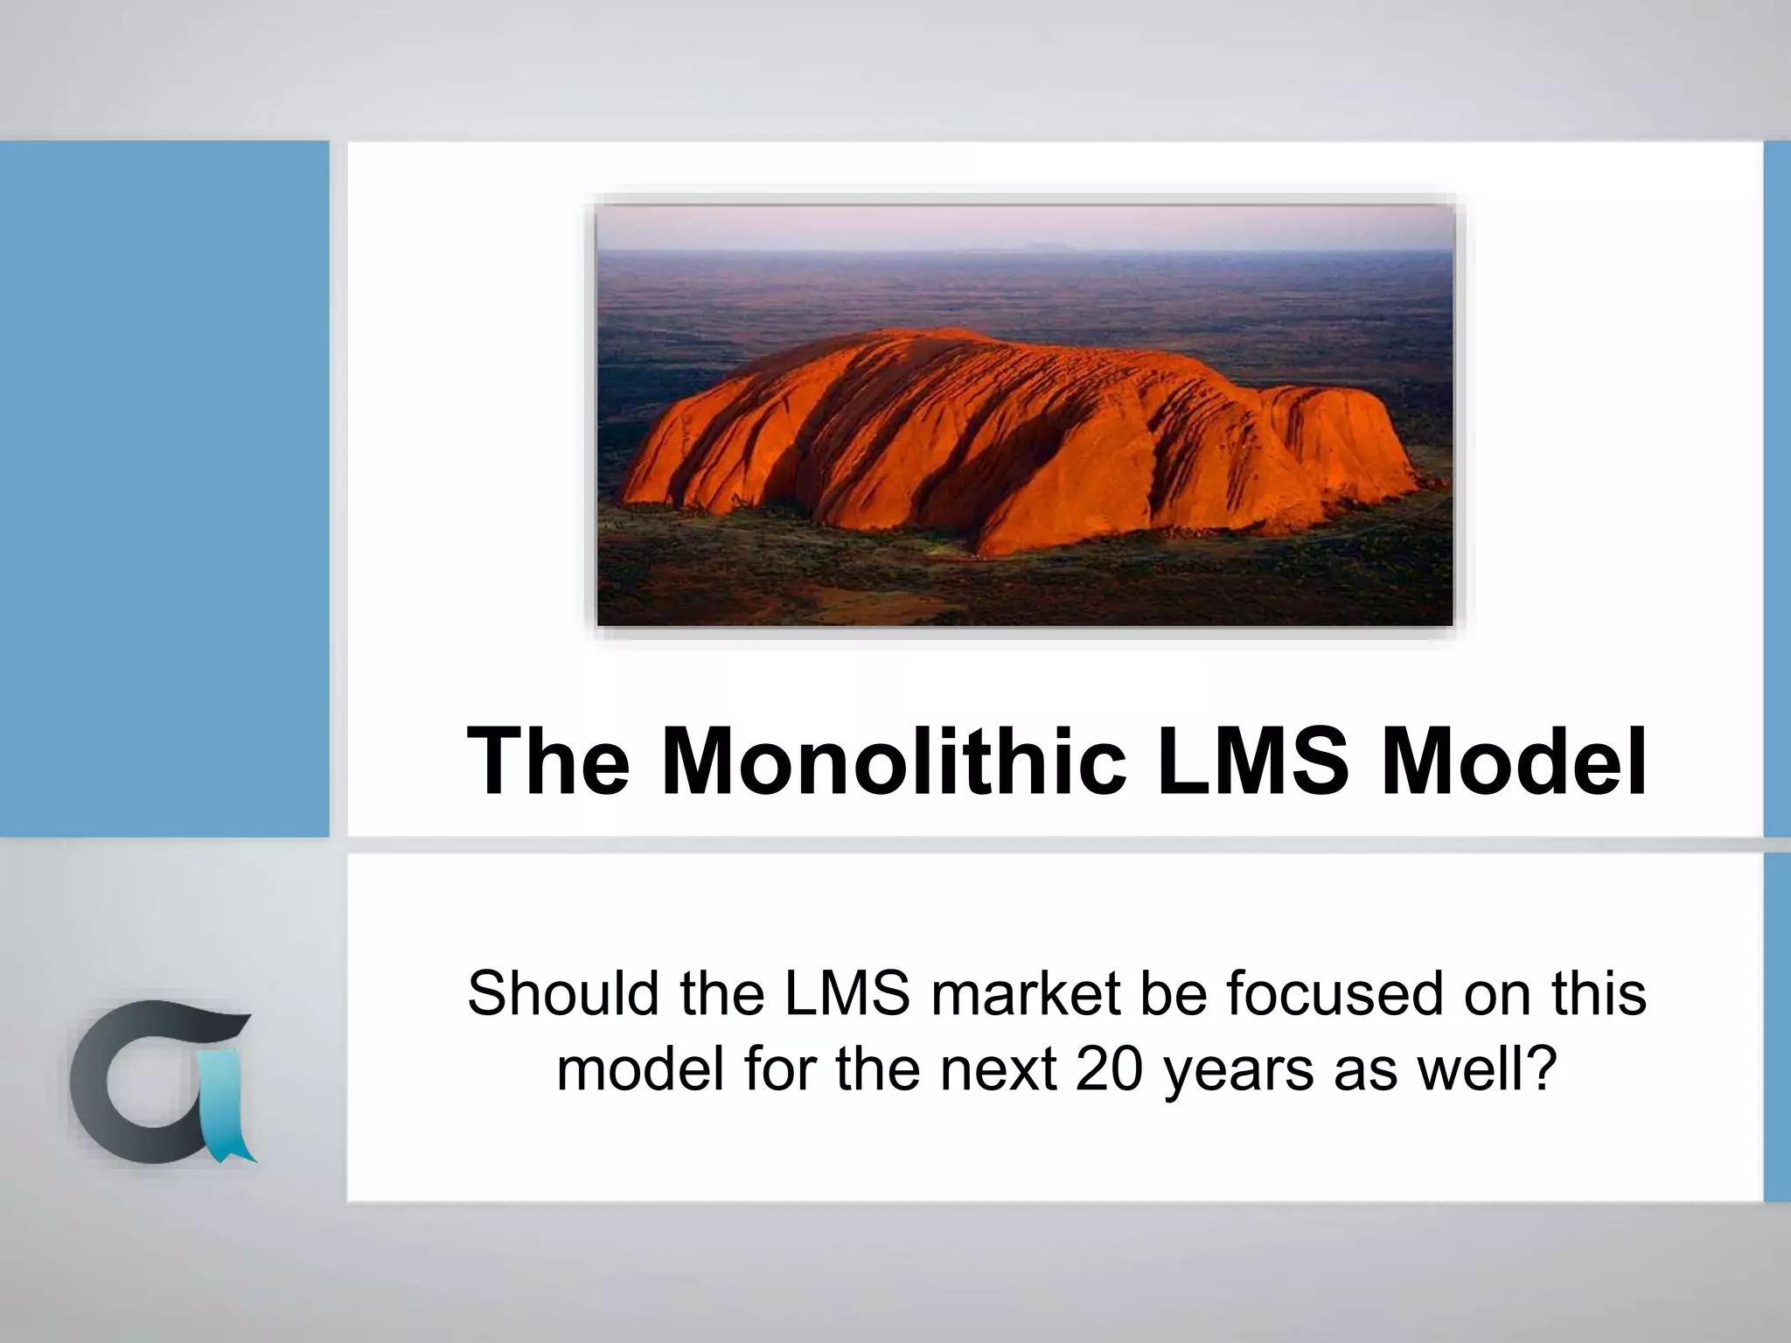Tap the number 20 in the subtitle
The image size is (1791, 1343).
(x=1110, y=1069)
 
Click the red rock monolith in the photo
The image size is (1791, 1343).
(x=1006, y=437)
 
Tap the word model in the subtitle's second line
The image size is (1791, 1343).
(x=642, y=1069)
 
